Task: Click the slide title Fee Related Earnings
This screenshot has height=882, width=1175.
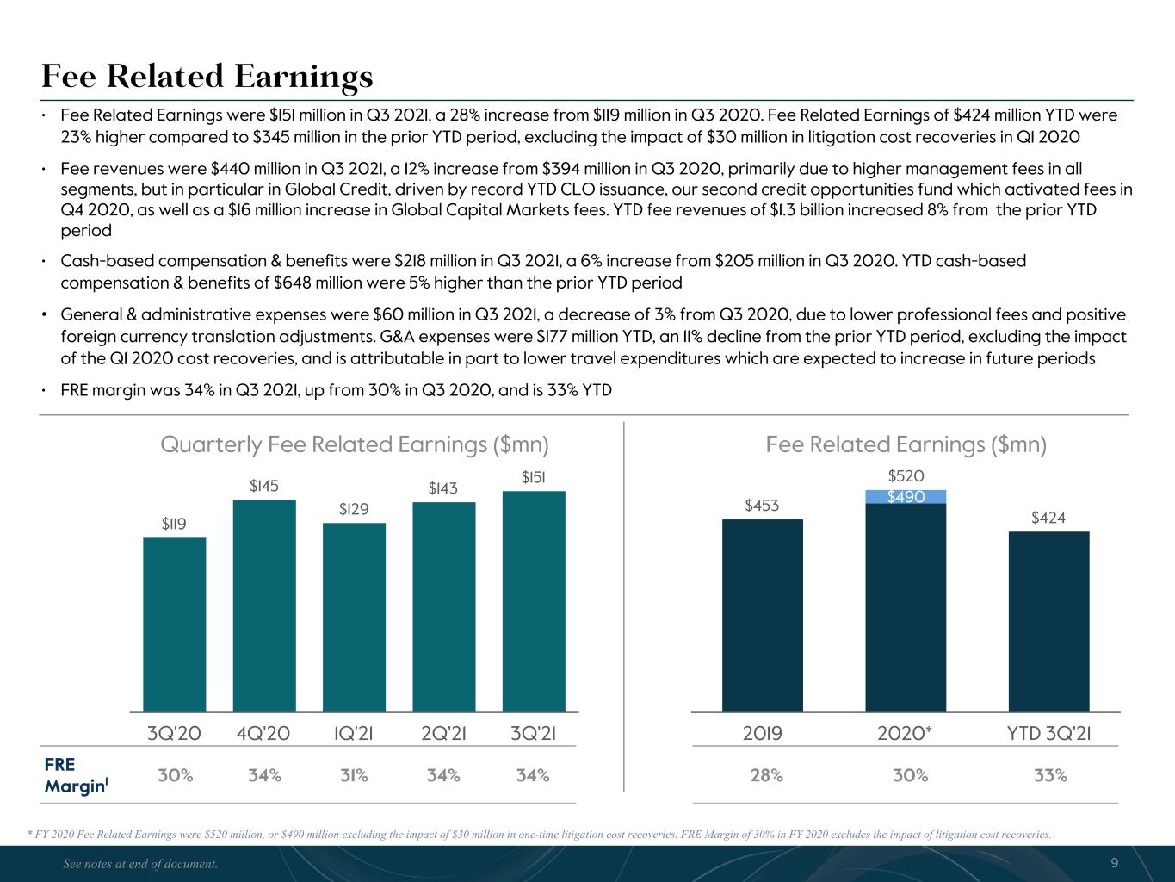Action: point(207,78)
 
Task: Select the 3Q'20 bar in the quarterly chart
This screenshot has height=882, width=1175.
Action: point(175,624)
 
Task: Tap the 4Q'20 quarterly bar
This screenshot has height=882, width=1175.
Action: point(264,606)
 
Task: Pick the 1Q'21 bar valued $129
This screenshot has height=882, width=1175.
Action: point(354,618)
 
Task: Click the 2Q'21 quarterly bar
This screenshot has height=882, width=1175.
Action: point(444,606)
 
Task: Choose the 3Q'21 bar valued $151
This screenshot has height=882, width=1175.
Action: point(534,601)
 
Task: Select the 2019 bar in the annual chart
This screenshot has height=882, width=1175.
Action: point(763,615)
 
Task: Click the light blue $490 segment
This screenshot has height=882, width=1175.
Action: point(906,497)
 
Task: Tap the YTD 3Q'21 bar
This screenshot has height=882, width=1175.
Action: point(1048,622)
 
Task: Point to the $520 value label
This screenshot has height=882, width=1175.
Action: point(906,476)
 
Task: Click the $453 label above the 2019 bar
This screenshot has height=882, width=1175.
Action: point(763,505)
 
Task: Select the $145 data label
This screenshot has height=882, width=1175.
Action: point(264,486)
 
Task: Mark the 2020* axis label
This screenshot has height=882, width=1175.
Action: point(905,733)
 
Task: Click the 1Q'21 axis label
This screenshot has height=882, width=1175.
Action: point(353,733)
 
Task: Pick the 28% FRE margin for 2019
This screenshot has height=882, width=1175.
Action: point(766,775)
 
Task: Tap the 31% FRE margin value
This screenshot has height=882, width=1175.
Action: point(354,775)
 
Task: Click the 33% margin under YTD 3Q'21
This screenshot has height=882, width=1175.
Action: point(1050,775)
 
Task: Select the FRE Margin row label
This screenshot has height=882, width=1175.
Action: point(76,775)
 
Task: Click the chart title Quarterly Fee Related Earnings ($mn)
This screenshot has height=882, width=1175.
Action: point(355,444)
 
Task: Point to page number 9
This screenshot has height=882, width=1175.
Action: point(1115,862)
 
